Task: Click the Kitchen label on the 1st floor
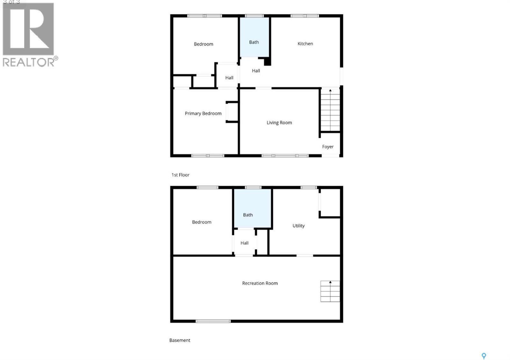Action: [305, 44]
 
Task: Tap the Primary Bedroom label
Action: [203, 113]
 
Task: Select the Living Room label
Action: [279, 123]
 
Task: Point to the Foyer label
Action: [328, 147]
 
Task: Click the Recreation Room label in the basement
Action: [260, 283]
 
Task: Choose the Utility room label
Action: [298, 226]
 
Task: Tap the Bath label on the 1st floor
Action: [254, 42]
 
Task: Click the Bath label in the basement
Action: [248, 215]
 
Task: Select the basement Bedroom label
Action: [201, 222]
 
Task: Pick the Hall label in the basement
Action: [244, 243]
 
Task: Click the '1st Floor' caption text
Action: [180, 175]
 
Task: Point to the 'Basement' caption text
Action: [179, 340]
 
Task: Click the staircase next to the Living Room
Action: [330, 110]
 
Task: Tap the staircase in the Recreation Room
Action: [330, 291]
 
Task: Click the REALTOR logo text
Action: [29, 62]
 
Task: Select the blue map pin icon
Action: [484, 356]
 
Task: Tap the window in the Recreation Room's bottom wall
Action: [213, 321]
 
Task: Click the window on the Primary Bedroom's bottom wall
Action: [208, 156]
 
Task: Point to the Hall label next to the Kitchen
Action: [256, 71]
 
